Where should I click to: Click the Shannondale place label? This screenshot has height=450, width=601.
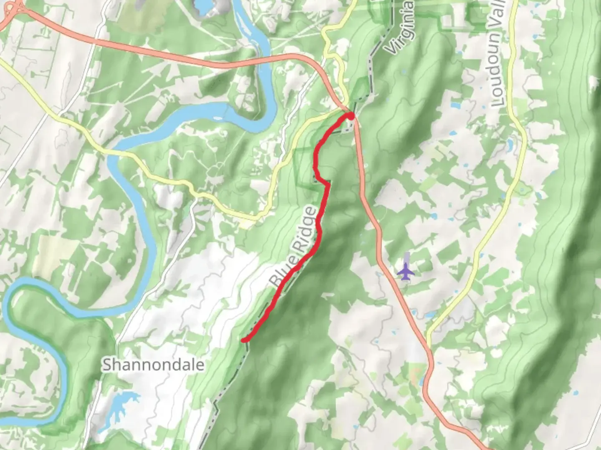coord(154,365)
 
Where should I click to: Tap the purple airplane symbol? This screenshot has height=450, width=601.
coord(406,272)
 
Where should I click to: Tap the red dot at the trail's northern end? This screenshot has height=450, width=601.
coord(351,116)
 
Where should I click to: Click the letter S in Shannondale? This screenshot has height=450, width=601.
coord(107,365)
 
